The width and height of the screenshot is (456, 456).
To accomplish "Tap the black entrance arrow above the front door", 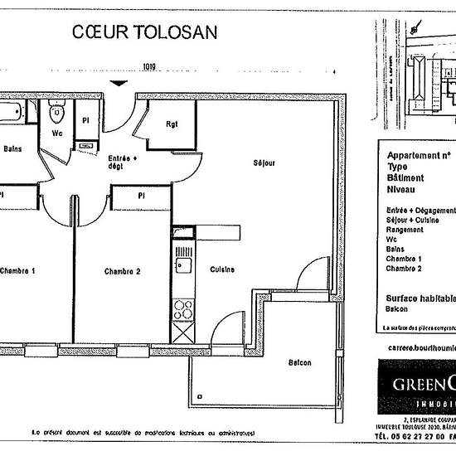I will pos(121,83).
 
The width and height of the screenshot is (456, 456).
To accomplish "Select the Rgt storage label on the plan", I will pos(172,125).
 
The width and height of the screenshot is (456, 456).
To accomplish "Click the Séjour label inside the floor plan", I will pos(264,163).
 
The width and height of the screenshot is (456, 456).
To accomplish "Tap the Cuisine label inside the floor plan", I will pos(221,269).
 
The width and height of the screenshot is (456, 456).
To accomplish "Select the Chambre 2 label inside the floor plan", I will pos(122,271).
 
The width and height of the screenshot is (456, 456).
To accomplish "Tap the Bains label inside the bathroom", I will pos(12,149).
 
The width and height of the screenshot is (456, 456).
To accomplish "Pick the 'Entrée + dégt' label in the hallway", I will pos(122,162).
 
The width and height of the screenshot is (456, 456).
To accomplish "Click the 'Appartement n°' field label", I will pos(419,155).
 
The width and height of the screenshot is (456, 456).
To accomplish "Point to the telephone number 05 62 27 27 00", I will pos(415,435).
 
